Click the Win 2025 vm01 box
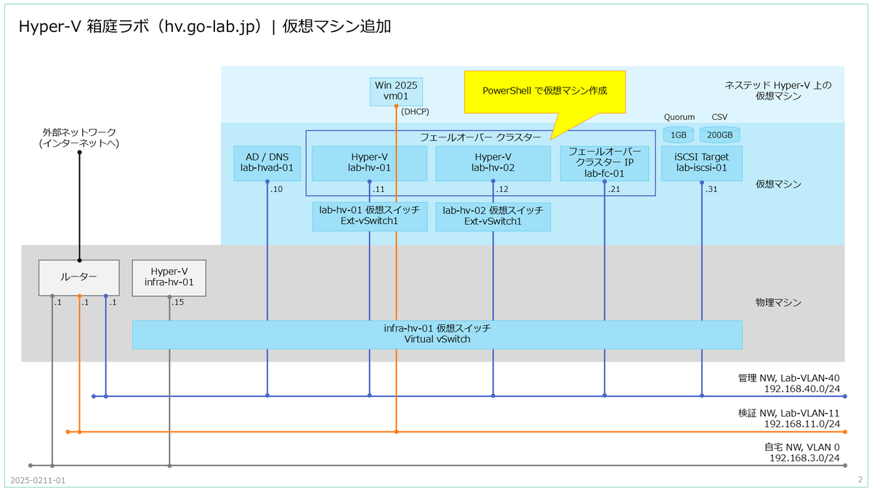[396, 91]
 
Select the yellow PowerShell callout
[544, 92]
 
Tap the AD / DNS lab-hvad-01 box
[267, 163]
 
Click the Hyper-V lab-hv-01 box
[369, 163]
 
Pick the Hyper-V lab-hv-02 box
[493, 163]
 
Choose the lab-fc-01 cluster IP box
[605, 163]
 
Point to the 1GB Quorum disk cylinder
[678, 135]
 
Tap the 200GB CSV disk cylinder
[720, 135]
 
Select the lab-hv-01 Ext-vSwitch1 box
[369, 216]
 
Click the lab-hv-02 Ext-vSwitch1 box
[493, 216]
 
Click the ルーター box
[78, 278]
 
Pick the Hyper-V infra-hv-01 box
[169, 278]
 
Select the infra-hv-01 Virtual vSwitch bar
[437, 334]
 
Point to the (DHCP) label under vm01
[415, 111]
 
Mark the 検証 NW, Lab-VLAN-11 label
[788, 412]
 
